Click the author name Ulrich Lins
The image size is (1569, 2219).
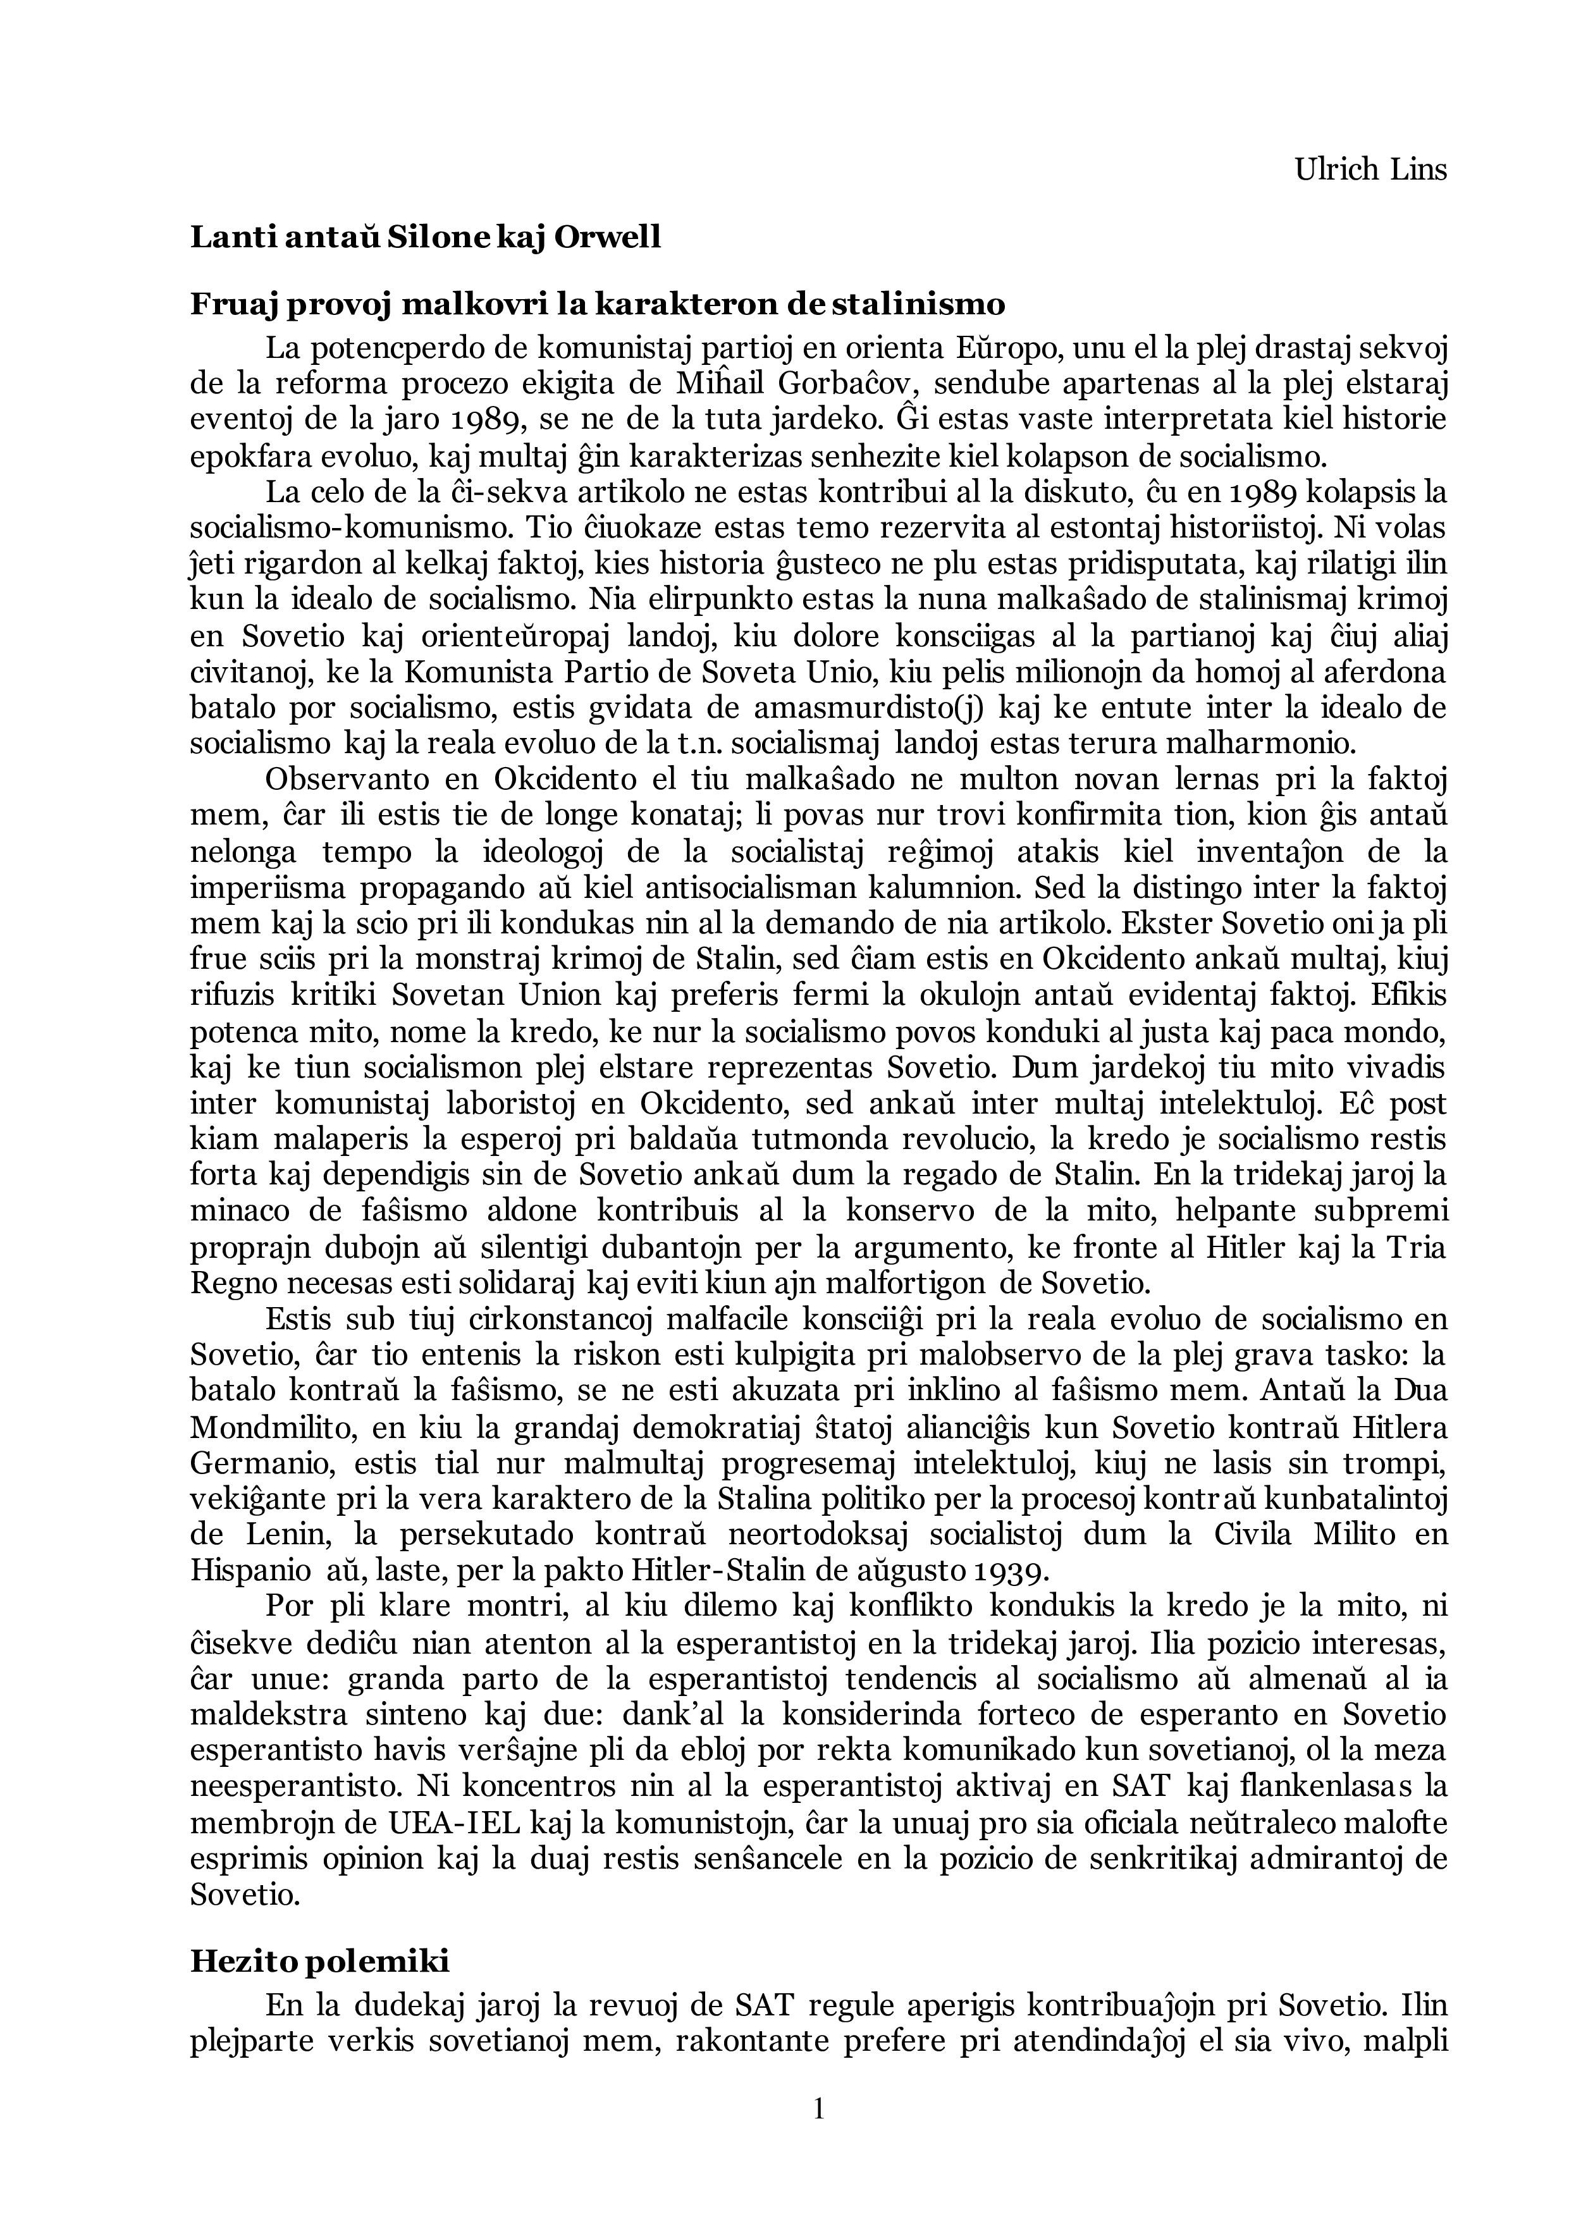(x=1371, y=170)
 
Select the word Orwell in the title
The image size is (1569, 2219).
(x=607, y=237)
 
